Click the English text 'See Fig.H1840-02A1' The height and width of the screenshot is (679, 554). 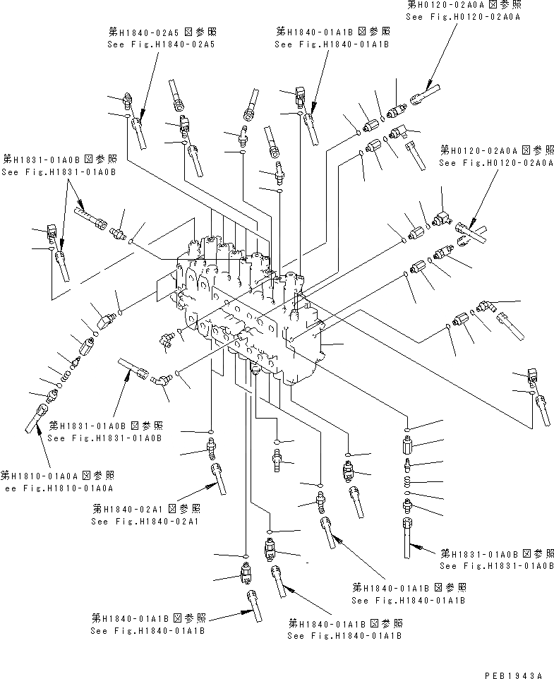tap(145, 522)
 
